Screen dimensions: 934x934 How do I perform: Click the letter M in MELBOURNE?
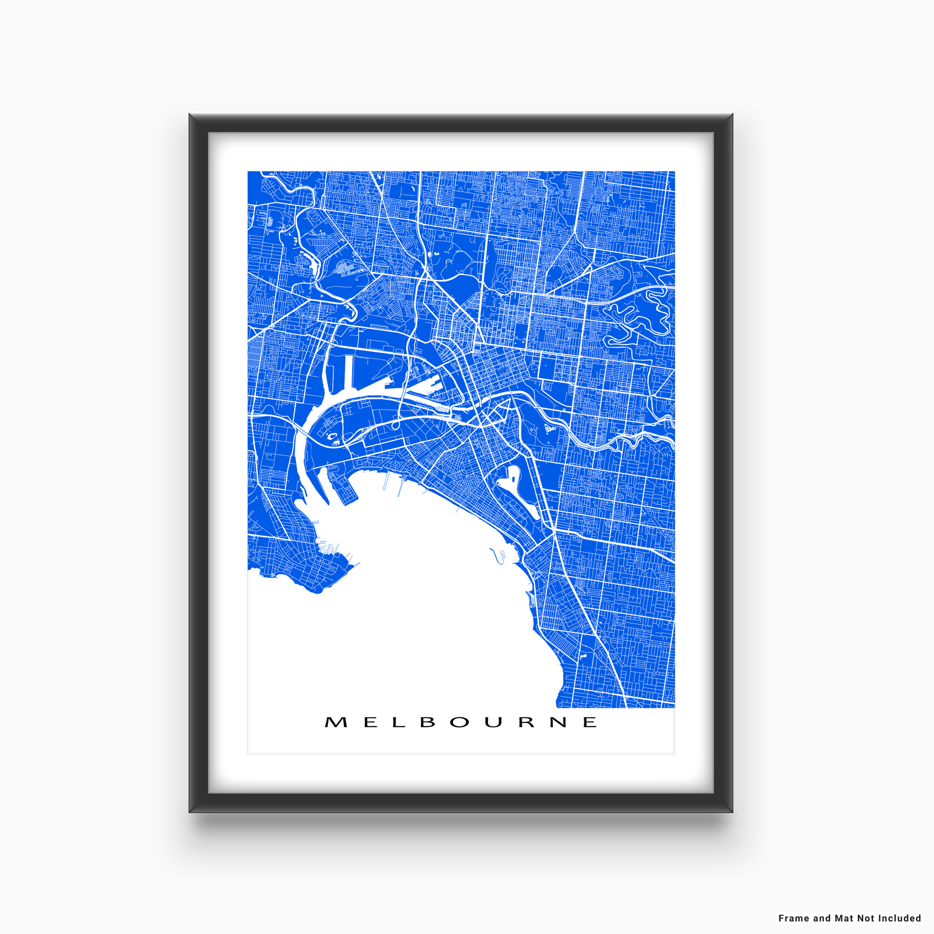point(336,722)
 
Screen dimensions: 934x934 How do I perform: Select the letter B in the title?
point(428,722)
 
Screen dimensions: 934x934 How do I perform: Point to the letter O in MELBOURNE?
point(459,722)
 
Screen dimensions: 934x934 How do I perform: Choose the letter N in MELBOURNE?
point(558,722)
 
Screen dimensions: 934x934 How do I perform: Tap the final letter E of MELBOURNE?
point(590,722)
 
